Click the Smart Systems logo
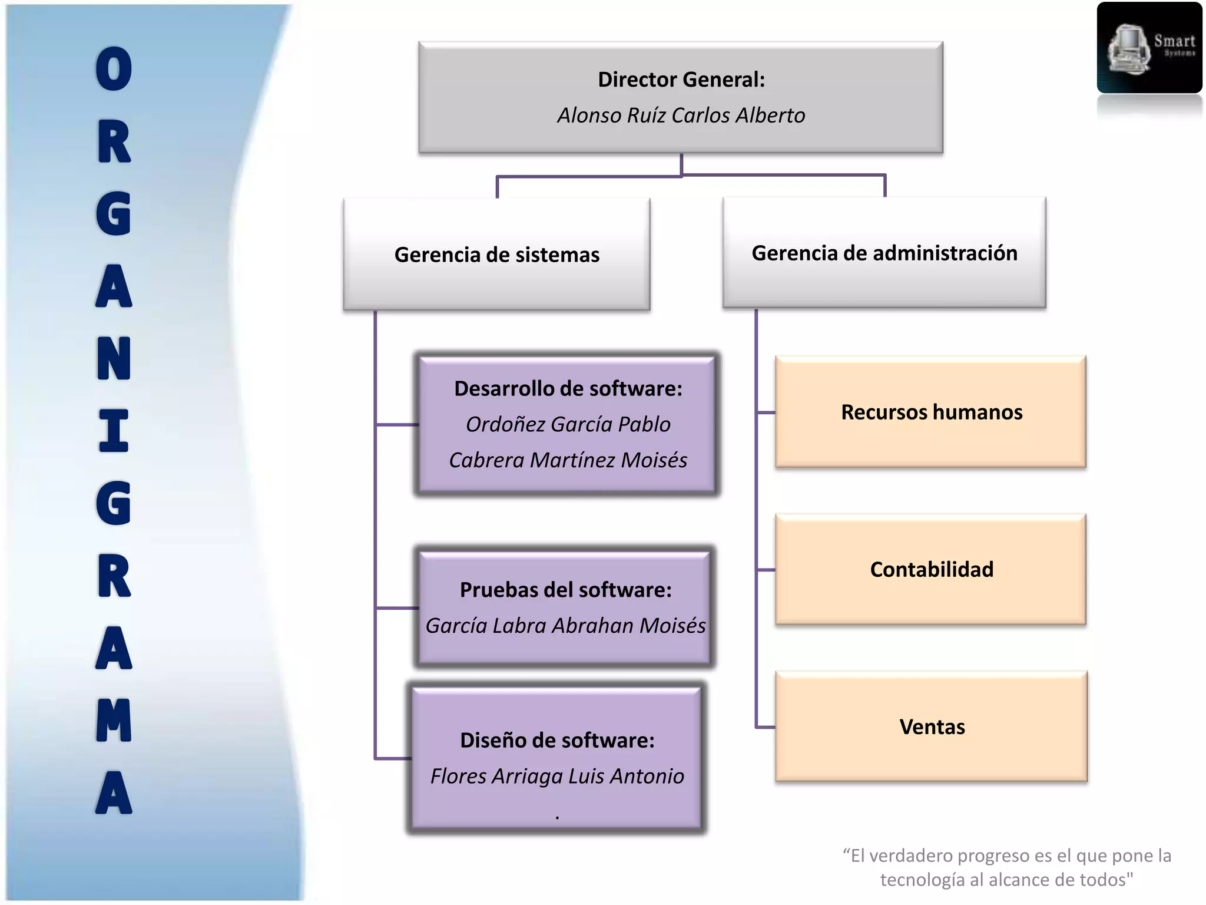(1149, 48)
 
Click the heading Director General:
(681, 80)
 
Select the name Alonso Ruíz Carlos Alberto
(681, 115)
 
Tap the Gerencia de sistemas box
(497, 255)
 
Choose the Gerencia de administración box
(884, 253)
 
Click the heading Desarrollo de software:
(568, 389)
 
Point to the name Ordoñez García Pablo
(568, 424)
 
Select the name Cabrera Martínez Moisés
(568, 460)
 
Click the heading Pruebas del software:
(566, 590)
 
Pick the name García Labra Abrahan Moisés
(566, 626)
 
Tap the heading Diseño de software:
(557, 741)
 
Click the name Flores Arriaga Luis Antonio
(557, 777)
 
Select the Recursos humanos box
(931, 412)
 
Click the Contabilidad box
(931, 569)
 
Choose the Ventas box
(932, 726)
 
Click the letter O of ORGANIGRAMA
(114, 69)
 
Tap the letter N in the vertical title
(114, 358)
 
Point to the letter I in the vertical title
(114, 431)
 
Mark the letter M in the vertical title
(114, 720)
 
